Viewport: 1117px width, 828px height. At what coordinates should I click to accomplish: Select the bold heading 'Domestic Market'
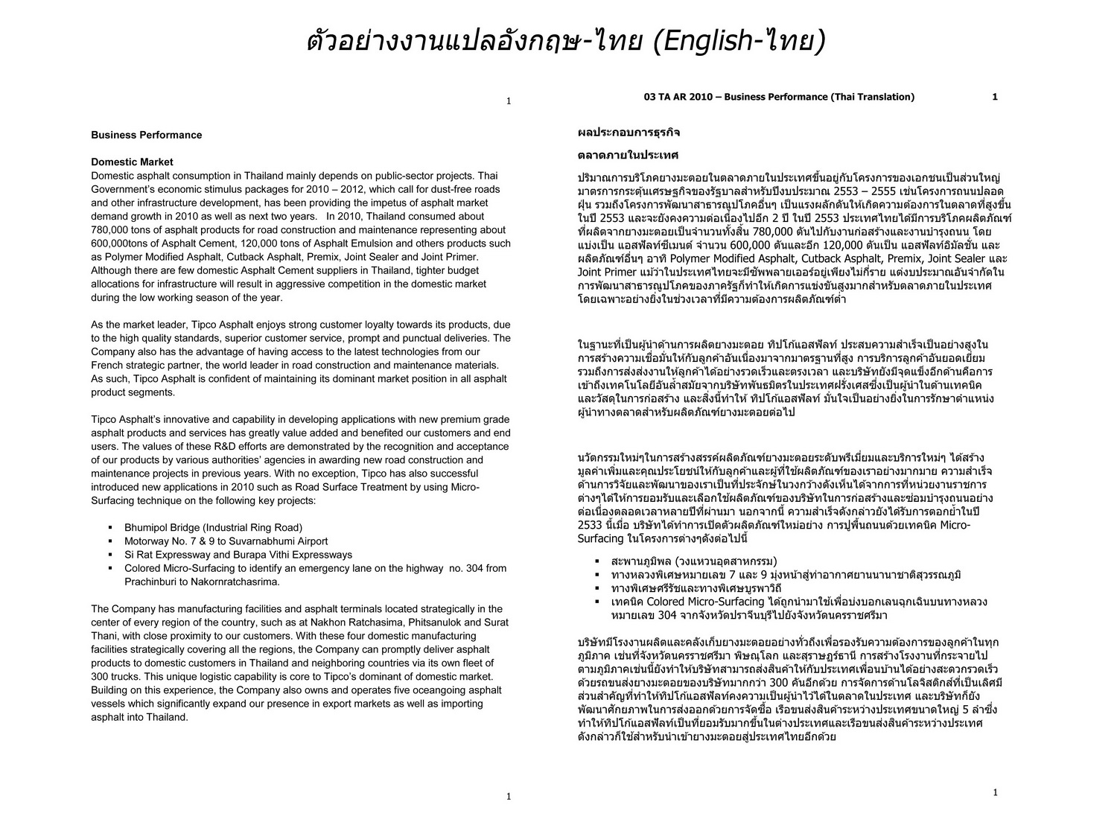132,162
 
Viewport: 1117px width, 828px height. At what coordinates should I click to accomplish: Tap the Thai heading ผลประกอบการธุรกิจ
628,133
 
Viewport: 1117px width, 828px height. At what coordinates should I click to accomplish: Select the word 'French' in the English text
109,365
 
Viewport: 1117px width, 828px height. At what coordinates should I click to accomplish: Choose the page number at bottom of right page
996,792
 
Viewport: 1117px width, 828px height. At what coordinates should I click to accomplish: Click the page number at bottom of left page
509,797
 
